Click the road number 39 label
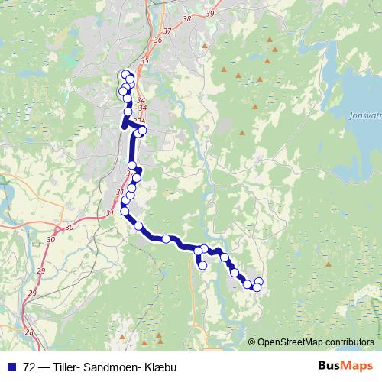coord(211,14)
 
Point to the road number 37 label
coord(167,30)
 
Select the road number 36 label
coord(157,40)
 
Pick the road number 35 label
coord(144,60)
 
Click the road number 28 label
coord(29,332)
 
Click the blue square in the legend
coord(11,367)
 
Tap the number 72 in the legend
coord(30,367)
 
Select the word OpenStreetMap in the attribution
coord(288,342)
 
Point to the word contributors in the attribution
coord(348,342)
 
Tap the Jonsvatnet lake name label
coord(365,117)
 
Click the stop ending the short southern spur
coord(202,266)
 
